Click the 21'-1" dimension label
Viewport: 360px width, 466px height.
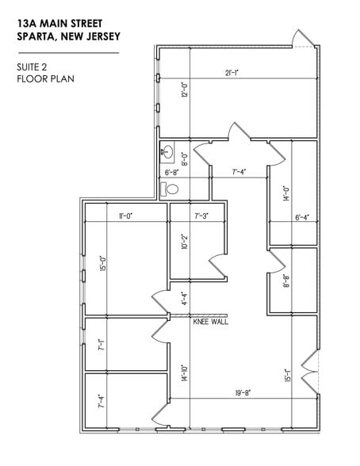tap(231, 74)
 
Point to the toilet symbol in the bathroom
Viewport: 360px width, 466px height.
tap(169, 189)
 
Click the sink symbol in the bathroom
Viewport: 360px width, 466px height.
tap(167, 150)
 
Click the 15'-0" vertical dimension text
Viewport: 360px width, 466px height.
tap(101, 262)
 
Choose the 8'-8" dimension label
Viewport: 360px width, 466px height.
tap(286, 280)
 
